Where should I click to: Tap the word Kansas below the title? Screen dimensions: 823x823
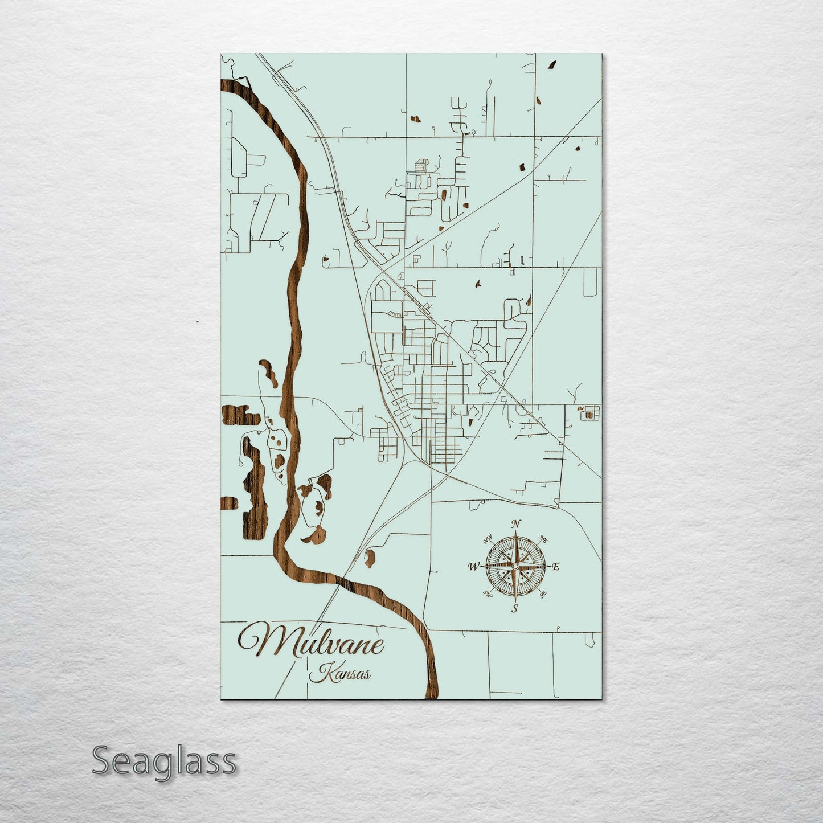(341, 673)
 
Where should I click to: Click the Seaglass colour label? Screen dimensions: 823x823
(163, 761)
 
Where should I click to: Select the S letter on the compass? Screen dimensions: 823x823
(514, 608)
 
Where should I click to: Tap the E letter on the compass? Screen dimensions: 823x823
(556, 567)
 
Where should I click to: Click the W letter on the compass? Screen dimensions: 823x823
(473, 567)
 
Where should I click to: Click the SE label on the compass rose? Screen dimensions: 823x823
(543, 594)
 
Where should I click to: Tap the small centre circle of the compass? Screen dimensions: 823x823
(515, 566)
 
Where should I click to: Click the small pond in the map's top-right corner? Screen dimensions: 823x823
(552, 65)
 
